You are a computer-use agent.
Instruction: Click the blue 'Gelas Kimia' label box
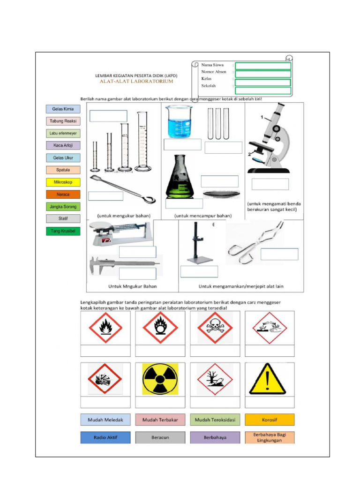pos(63,109)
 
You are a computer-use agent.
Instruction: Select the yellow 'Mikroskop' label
pos(63,182)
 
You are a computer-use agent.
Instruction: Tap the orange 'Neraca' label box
pos(63,194)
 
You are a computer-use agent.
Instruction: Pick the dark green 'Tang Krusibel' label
pos(63,231)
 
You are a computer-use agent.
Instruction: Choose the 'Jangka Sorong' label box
pos(63,206)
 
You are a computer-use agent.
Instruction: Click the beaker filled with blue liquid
pos(179,121)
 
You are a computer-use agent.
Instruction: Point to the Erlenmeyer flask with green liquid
pos(179,177)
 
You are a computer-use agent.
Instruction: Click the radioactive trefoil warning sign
pos(160,379)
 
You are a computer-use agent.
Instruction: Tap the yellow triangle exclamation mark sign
pos(269,379)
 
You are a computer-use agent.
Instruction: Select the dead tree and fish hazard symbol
pos(215,379)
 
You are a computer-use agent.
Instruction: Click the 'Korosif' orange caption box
pos(270,420)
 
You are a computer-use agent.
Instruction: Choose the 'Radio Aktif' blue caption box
pos(105,437)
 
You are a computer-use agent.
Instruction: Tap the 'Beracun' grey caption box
pos(160,437)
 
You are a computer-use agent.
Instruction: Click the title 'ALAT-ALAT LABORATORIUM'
pos(136,81)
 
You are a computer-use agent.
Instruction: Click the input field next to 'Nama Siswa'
pos(263,66)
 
